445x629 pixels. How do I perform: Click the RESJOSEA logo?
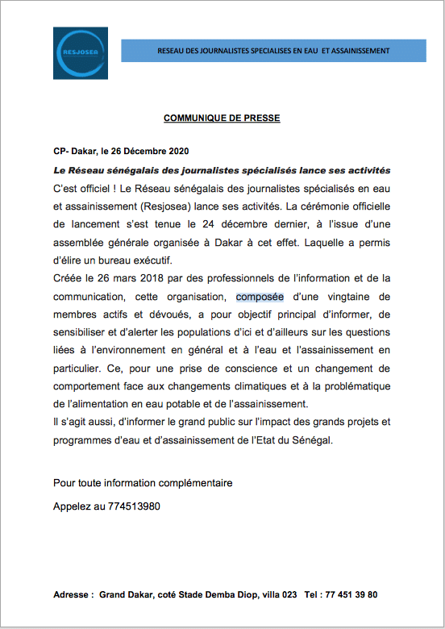click(x=80, y=52)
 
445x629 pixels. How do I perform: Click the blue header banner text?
click(x=273, y=51)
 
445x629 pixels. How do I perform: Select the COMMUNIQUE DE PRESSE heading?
click(x=222, y=118)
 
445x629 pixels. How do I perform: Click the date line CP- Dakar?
click(x=121, y=152)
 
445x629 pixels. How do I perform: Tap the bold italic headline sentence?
click(x=222, y=170)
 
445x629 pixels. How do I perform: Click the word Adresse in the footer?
click(x=72, y=594)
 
